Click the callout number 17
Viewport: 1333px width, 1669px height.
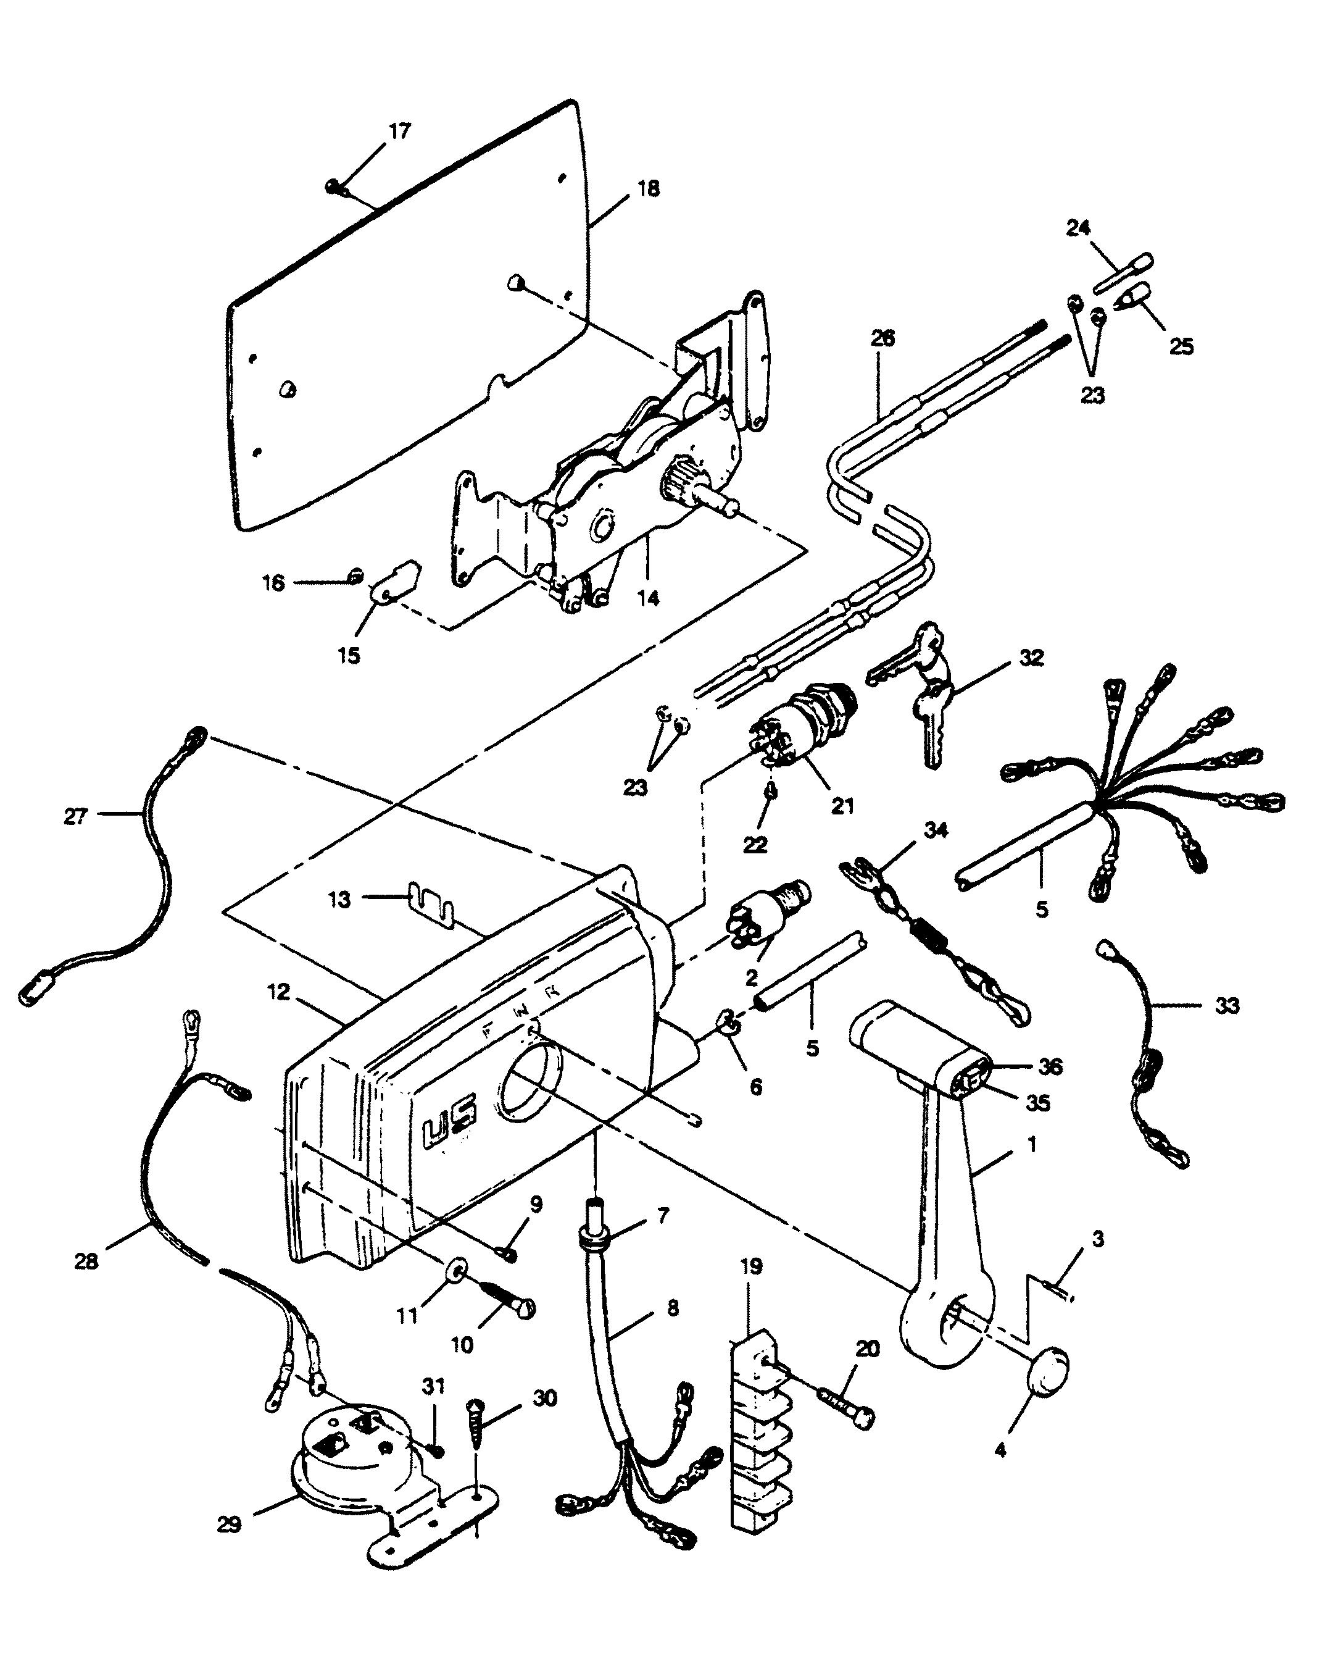point(399,131)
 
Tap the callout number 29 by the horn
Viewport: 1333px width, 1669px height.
point(229,1525)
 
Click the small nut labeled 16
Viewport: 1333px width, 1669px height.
point(355,574)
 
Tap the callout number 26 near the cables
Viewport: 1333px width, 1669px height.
point(882,338)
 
